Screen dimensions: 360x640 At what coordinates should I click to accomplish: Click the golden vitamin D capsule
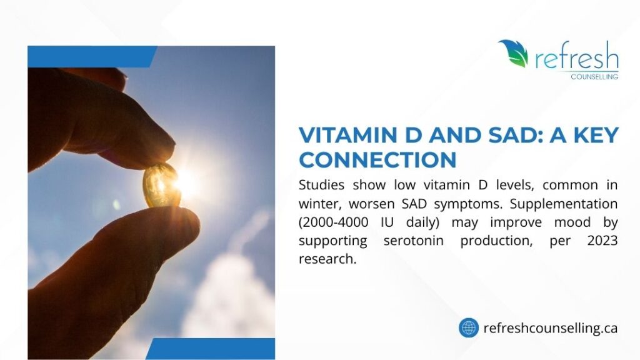[161, 185]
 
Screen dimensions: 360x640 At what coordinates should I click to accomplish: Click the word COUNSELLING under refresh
[594, 76]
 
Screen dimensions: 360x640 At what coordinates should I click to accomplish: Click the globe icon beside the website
[468, 327]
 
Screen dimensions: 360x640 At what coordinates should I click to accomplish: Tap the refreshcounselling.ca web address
[551, 327]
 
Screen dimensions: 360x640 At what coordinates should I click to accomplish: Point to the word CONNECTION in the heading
[377, 160]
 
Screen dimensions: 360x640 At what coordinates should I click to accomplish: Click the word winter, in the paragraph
[320, 204]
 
